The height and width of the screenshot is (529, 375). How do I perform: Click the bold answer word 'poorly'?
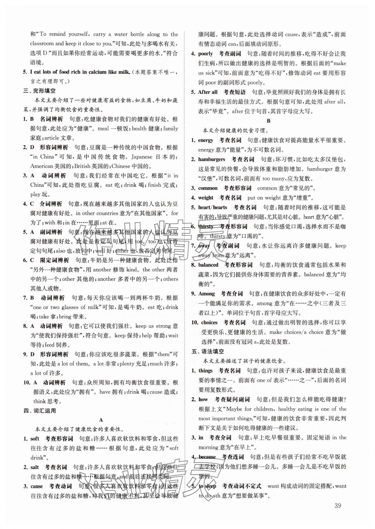tap(205, 54)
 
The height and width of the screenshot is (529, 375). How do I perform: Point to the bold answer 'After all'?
tap(208, 92)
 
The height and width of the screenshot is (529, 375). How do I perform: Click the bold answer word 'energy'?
tap(205, 140)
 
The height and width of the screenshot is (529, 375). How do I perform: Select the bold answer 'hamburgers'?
tap(211, 159)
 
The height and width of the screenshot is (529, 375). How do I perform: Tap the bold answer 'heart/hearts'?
tap(212, 207)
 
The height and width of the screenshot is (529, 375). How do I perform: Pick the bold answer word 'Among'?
tap(206, 294)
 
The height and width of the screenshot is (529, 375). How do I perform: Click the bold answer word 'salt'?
tap(34, 467)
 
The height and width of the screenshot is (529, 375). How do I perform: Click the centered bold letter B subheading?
tap(268, 121)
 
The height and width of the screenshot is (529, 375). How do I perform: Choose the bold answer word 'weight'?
tap(205, 198)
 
